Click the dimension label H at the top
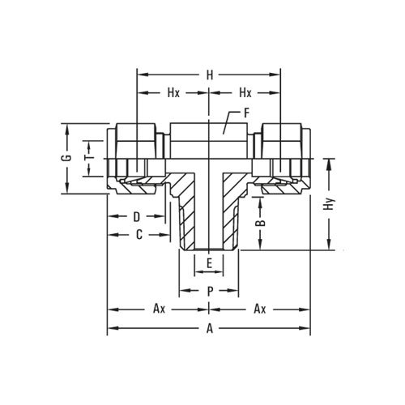tap(209, 75)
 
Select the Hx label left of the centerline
tap(173, 93)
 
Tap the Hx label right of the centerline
tap(245, 93)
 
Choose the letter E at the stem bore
tap(209, 263)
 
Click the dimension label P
tap(209, 290)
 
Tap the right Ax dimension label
tap(260, 309)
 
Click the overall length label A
tap(209, 328)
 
